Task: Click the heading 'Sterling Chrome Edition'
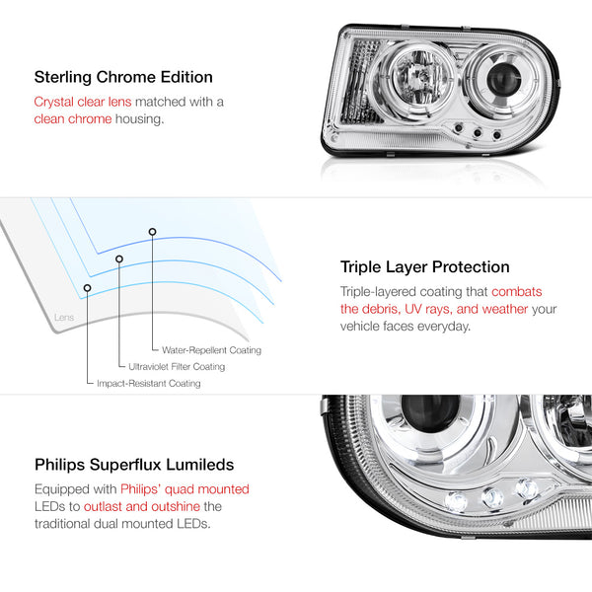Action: tap(123, 77)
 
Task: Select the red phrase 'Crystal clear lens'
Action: tap(83, 102)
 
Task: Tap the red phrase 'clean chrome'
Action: tap(73, 119)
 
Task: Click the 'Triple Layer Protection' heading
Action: tap(424, 267)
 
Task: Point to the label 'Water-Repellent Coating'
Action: tap(211, 350)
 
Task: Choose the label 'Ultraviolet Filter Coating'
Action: tap(177, 367)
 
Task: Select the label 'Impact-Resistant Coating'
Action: tap(149, 383)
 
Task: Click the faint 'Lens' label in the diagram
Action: tap(64, 317)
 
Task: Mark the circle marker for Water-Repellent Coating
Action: tap(152, 232)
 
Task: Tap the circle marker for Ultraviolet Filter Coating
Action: tap(119, 259)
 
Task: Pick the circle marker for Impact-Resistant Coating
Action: tap(87, 288)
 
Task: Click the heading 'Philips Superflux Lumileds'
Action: tap(134, 465)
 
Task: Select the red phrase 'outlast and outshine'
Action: tap(142, 506)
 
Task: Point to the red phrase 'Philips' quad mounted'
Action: tap(185, 489)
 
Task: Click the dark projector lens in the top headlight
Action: tap(503, 79)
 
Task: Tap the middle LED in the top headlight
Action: tap(478, 133)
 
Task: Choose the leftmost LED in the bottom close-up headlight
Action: tap(456, 502)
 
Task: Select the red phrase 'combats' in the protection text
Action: tap(516, 291)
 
